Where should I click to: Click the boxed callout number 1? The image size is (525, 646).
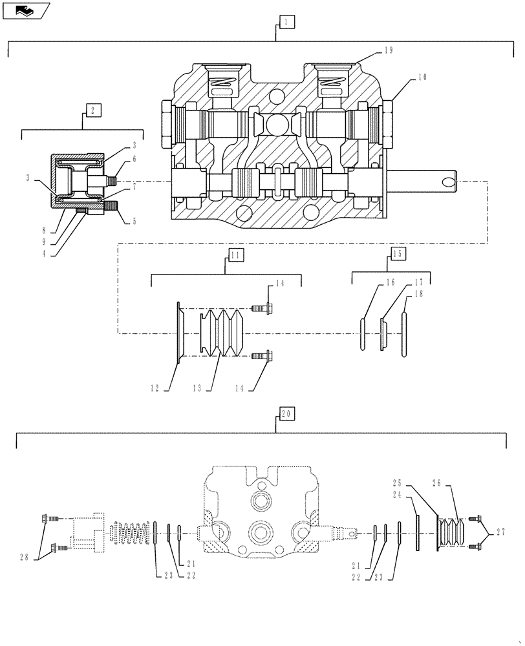pyautogui.click(x=286, y=22)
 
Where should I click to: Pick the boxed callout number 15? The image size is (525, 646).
pyautogui.click(x=397, y=254)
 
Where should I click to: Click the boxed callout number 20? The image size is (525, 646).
pyautogui.click(x=286, y=413)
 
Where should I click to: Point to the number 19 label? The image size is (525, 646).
pyautogui.click(x=388, y=50)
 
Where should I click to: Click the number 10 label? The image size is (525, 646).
pyautogui.click(x=422, y=77)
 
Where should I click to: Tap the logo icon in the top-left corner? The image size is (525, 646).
pyautogui.click(x=25, y=10)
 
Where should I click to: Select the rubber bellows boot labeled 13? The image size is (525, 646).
pyautogui.click(x=221, y=333)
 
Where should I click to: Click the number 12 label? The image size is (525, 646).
pyautogui.click(x=156, y=388)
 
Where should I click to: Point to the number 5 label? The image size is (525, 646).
pyautogui.click(x=134, y=221)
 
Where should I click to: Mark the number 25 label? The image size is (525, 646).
pyautogui.click(x=397, y=483)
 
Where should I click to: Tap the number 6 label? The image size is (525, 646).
pyautogui.click(x=134, y=158)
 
